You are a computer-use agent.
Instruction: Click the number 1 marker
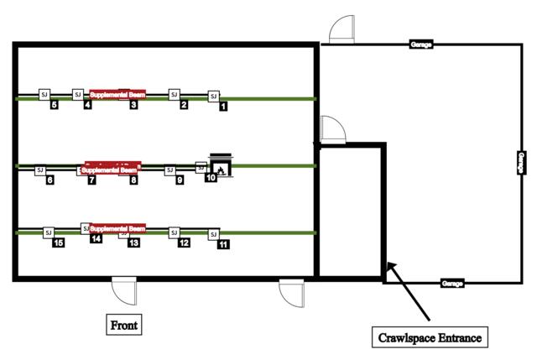[223, 107]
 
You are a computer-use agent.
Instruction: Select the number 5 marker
[54, 105]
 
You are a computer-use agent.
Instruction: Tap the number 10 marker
[211, 177]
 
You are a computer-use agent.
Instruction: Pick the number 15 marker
[58, 243]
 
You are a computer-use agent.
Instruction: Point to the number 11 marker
[223, 244]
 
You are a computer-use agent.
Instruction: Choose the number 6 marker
[50, 180]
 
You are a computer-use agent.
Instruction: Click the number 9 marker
[180, 180]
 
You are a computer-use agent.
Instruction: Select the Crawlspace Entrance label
[429, 338]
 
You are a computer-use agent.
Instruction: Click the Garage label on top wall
[421, 44]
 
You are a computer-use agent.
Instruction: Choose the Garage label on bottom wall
[452, 284]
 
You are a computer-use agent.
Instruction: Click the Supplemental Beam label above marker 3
[117, 95]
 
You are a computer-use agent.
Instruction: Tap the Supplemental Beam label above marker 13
[117, 228]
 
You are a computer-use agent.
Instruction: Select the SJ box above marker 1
[213, 97]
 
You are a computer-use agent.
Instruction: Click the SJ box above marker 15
[48, 232]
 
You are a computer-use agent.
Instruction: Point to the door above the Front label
[124, 290]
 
